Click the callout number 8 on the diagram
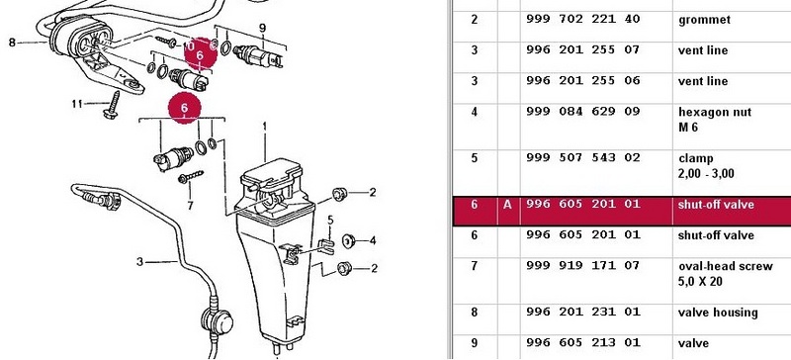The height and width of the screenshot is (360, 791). coord(12,43)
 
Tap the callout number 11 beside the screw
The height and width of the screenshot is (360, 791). coord(77,104)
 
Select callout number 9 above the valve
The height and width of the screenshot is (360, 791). coord(262,29)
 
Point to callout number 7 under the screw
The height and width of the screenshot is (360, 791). coord(190,206)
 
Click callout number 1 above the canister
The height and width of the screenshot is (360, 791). coord(265,129)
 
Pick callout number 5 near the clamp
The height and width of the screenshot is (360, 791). coord(331,220)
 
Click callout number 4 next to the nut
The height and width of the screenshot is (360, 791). coord(373,241)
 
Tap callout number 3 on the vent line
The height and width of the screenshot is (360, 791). coord(140,261)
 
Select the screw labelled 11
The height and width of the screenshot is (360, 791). coord(112,105)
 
